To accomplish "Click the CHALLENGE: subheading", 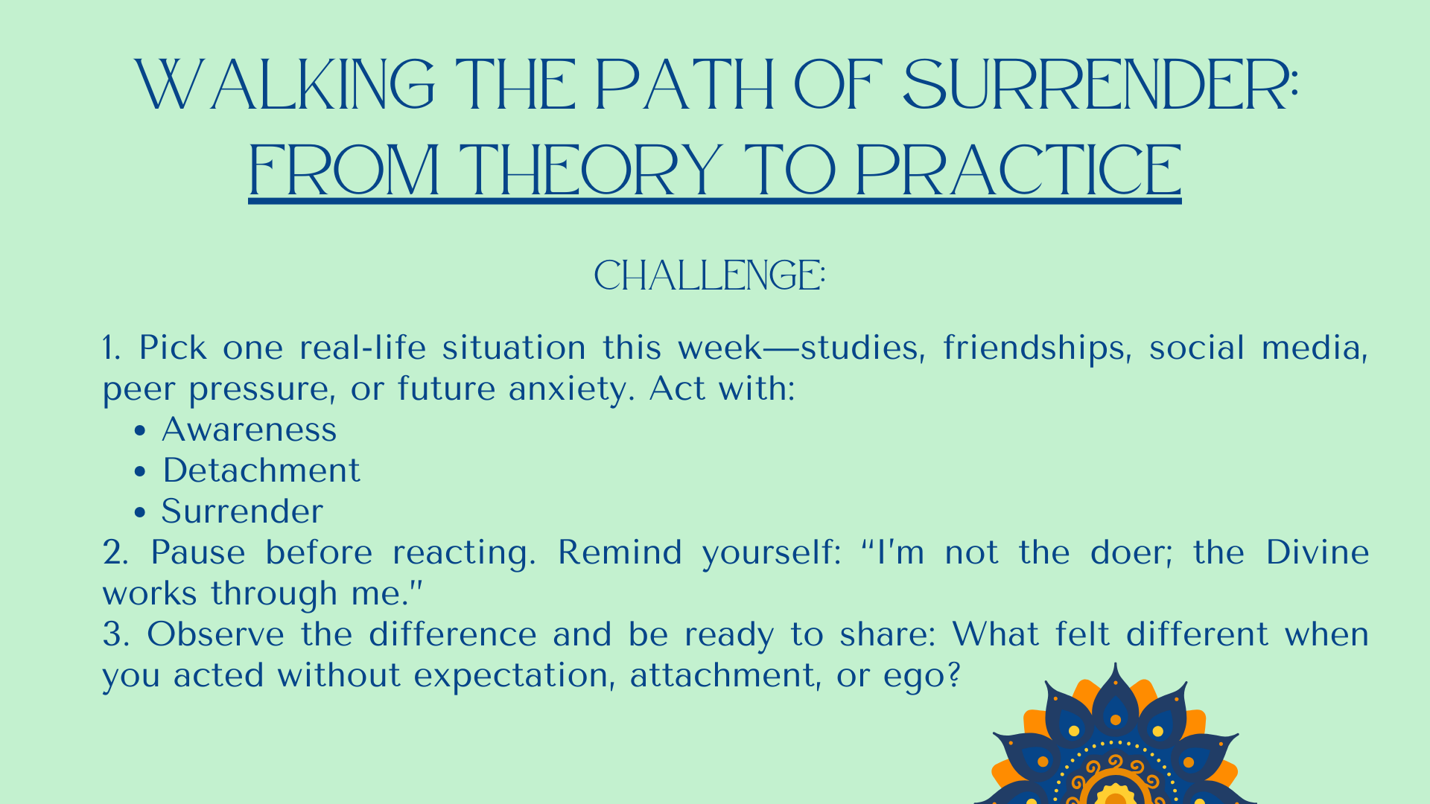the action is (710, 275).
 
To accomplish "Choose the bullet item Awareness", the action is (250, 430).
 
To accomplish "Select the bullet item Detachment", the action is (261, 470).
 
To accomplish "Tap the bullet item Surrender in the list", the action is (242, 511).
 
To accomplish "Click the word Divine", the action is (1318, 552).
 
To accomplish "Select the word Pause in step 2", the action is (197, 552).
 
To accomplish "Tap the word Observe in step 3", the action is (215, 634).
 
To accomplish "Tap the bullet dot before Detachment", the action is (139, 471).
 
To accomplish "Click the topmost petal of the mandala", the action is (1115, 696).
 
